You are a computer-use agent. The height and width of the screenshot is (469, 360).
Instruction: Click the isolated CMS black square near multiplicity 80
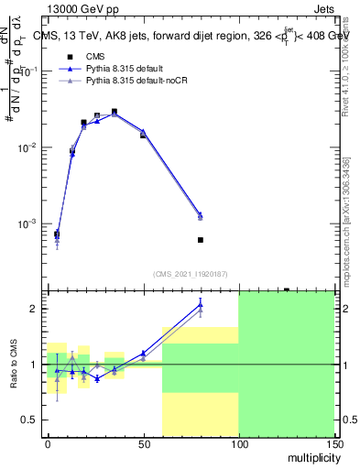pyautogui.click(x=201, y=240)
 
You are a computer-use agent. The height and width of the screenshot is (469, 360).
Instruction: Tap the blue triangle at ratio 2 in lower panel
pyautogui.click(x=201, y=304)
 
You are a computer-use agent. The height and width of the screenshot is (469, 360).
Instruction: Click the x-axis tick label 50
pyautogui.click(x=143, y=442)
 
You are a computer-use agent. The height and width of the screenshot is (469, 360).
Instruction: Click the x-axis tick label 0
pyautogui.click(x=48, y=442)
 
